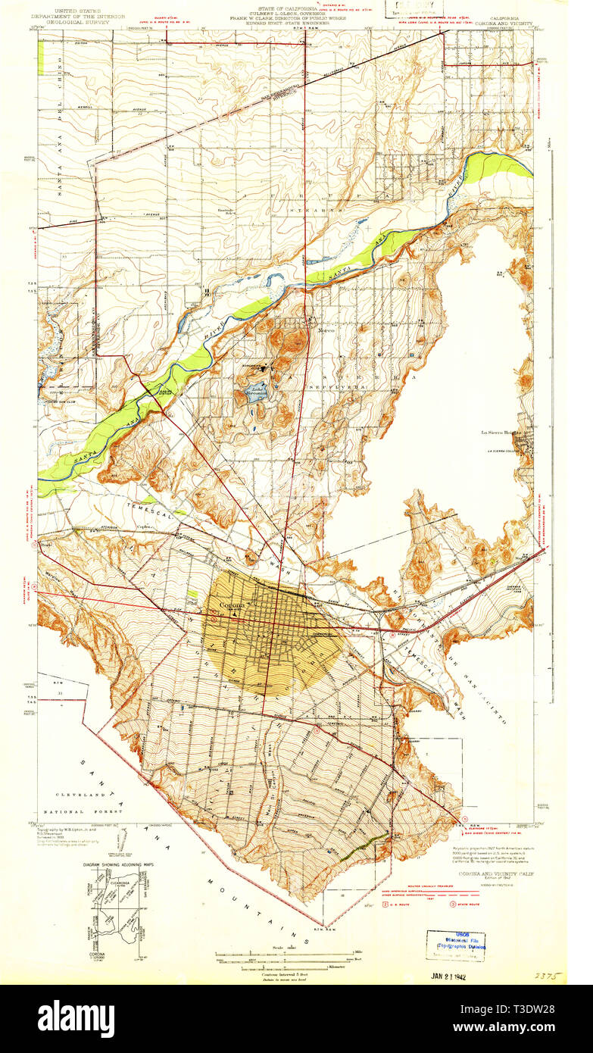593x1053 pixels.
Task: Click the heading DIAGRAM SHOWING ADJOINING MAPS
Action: coord(116,862)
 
